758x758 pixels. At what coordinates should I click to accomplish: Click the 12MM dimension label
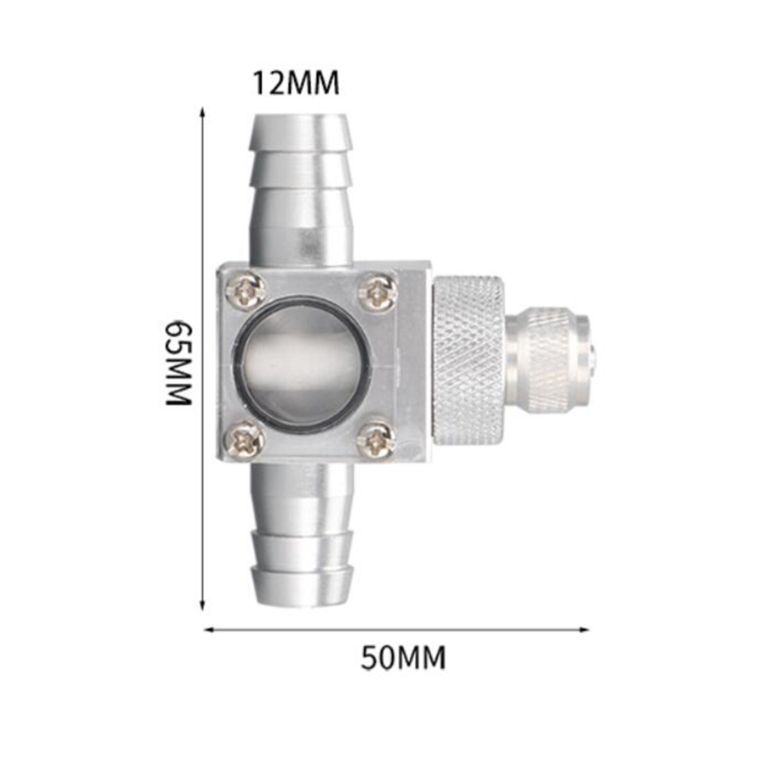click(296, 83)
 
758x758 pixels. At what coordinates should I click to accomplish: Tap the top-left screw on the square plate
click(245, 290)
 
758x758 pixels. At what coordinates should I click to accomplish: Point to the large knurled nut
click(469, 360)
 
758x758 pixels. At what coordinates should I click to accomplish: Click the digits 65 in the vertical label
click(179, 337)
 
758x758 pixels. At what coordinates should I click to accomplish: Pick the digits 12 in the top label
click(267, 83)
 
